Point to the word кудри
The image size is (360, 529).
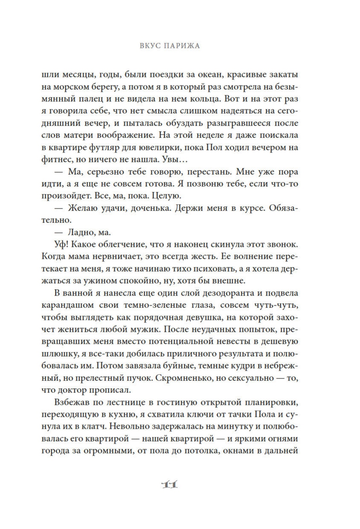(247, 366)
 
